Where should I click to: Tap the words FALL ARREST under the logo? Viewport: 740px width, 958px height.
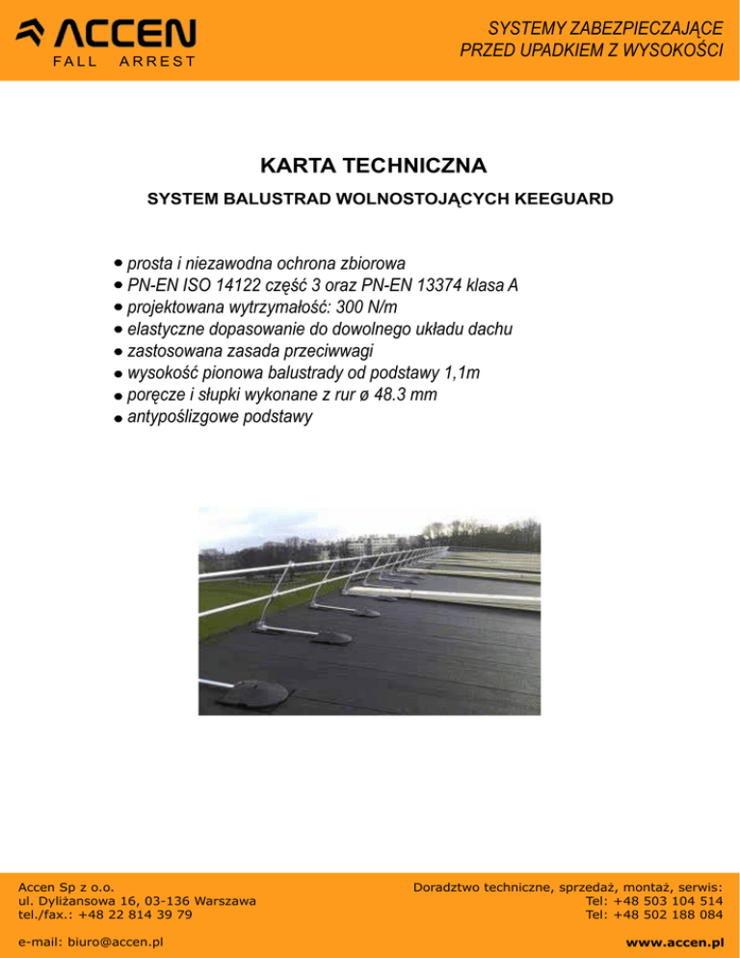point(122,62)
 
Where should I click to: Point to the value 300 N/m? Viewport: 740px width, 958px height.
point(363,306)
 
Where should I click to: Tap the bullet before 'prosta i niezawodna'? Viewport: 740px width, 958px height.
point(117,262)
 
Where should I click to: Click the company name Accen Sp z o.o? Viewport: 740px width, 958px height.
point(67,887)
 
